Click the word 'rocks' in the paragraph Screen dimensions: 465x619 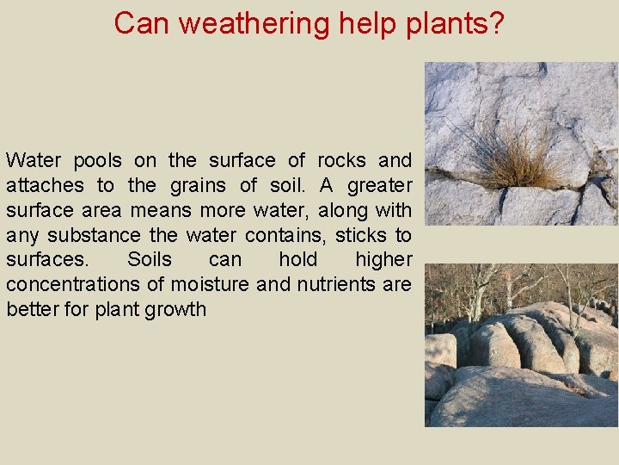[341, 160]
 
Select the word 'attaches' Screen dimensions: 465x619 [45, 185]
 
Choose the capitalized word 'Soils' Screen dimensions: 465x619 [150, 260]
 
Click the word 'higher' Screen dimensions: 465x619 [383, 260]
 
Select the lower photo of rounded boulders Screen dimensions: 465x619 [521, 344]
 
